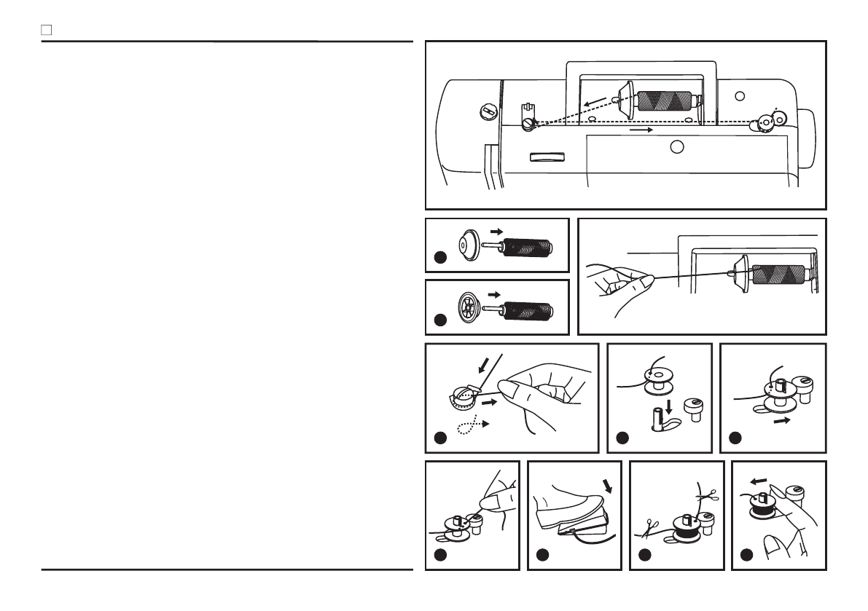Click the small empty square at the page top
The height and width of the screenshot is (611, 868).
point(45,31)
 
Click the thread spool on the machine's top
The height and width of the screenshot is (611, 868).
point(664,100)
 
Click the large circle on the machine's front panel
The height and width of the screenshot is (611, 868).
point(677,146)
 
